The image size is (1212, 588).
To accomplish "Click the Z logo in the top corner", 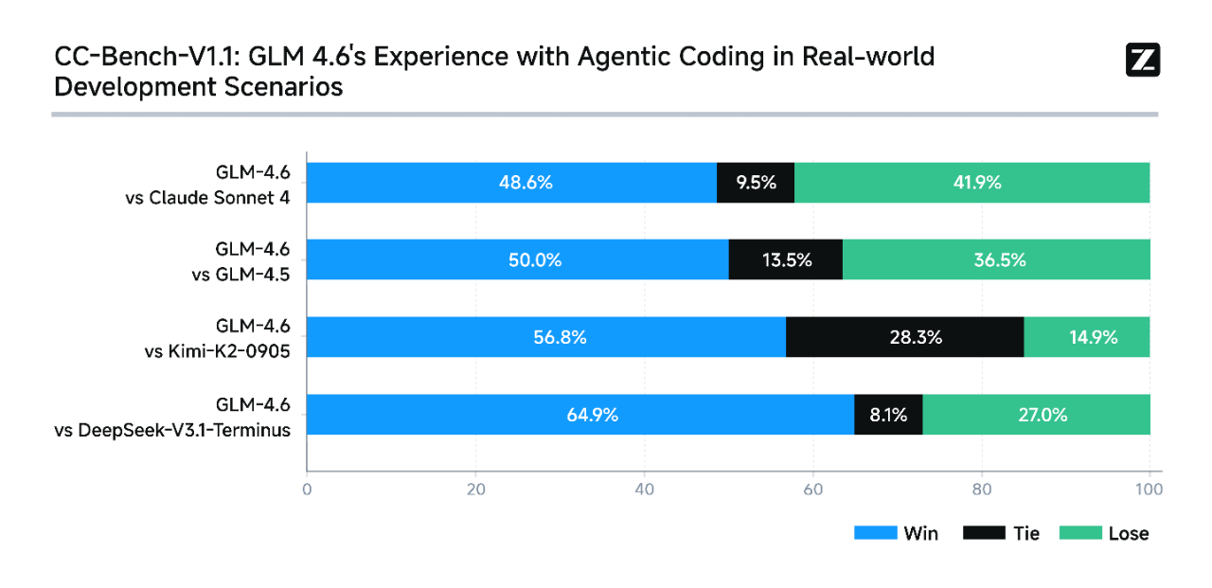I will coord(1143,60).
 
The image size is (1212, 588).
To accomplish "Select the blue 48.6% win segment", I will coord(511,183).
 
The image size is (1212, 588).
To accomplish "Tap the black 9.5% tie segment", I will coord(756,183).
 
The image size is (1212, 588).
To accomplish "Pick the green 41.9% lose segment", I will coord(972,183).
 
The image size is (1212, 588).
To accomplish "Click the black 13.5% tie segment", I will coord(786,259).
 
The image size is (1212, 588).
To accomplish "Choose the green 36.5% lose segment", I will coord(996,259).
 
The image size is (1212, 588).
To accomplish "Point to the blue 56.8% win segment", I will coord(546,337).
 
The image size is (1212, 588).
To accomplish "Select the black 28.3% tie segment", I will coord(904,337).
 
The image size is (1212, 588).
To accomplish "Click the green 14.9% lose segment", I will coord(1087,337).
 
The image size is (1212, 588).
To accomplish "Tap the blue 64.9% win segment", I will coord(580,415).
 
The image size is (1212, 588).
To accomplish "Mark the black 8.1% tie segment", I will coord(888,415).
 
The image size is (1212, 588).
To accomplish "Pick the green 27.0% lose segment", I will coord(1036,415).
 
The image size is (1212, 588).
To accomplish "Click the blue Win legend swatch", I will coord(875,533).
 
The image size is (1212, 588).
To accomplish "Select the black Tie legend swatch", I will coord(984,533).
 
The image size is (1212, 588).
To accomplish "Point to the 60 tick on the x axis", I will coord(813,490).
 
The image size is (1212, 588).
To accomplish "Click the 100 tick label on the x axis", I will coord(1149,490).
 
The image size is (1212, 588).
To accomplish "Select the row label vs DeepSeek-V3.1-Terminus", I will coord(171,431).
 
